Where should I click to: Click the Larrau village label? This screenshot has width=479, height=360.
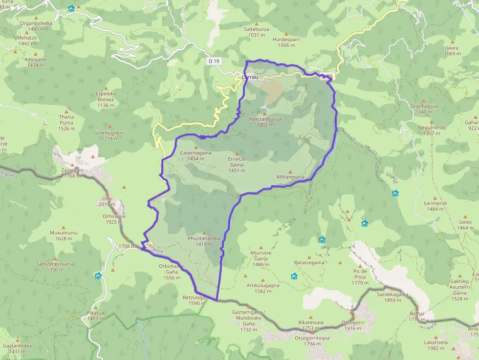[x=250, y=77]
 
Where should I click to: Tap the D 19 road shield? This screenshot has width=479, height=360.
[x=214, y=61]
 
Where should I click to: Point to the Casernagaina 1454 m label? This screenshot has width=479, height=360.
[x=196, y=155]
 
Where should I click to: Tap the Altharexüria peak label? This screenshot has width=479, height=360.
[x=290, y=176]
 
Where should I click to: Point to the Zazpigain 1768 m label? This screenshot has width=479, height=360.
[x=72, y=172]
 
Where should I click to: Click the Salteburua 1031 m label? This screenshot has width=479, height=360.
[x=256, y=32]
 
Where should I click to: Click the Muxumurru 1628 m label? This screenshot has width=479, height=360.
[x=64, y=235]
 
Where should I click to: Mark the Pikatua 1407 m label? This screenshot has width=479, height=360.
[x=96, y=316]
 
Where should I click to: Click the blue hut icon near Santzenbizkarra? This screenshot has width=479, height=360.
[x=98, y=276]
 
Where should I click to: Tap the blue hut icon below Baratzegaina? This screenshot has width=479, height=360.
[x=294, y=276]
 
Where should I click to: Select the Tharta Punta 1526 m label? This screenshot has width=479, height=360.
[x=66, y=123]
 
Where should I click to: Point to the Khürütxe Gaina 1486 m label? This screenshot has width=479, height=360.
[x=261, y=261]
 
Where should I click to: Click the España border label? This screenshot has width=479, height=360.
[x=9, y=174]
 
